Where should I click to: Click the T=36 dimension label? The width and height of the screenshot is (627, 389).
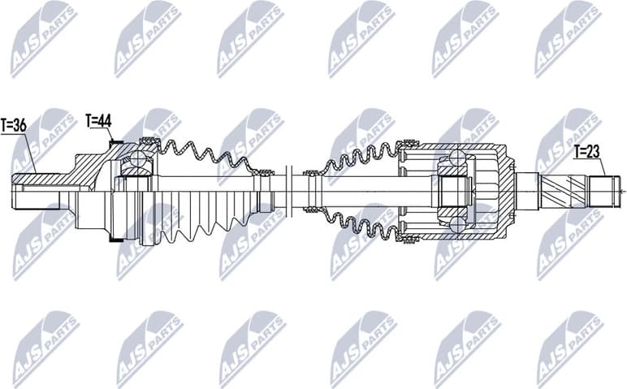(14, 126)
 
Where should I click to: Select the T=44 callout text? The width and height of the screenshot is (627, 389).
(98, 121)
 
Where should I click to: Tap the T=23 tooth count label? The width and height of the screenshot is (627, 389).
(586, 151)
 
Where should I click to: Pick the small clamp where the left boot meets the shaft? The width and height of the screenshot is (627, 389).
(262, 171)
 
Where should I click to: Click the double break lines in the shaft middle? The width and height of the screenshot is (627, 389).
(289, 192)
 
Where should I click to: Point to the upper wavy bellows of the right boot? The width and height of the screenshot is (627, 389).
(361, 158)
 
